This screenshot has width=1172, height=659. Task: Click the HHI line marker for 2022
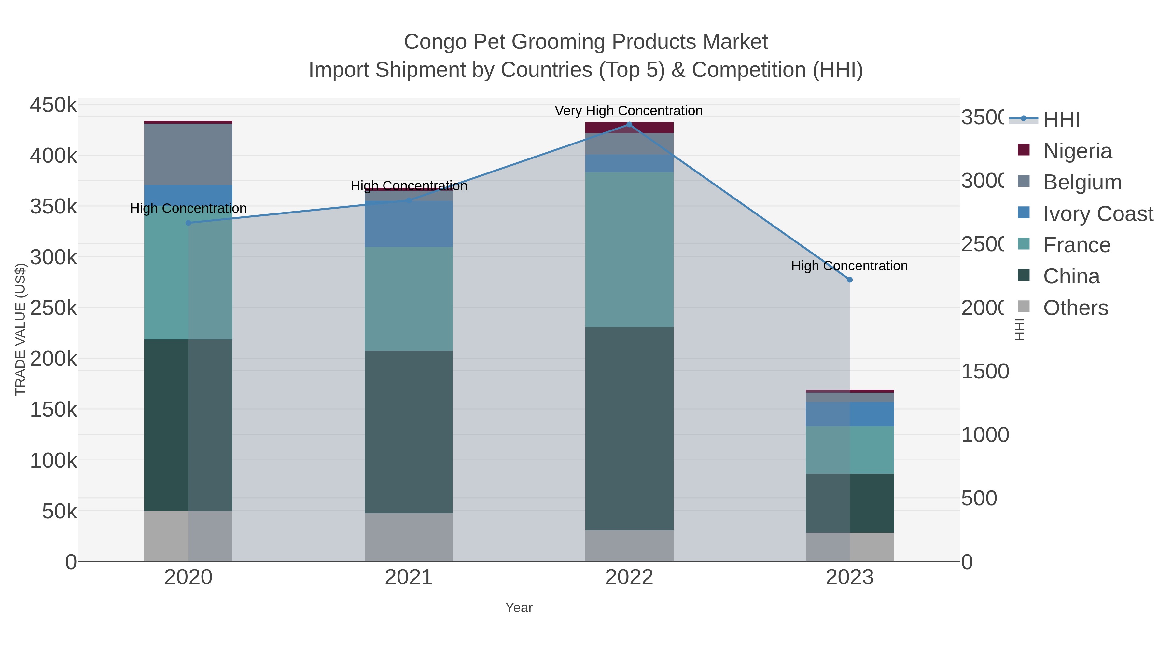pos(629,125)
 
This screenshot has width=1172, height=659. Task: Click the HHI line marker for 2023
pos(849,280)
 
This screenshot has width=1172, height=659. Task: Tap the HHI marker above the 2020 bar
pos(188,223)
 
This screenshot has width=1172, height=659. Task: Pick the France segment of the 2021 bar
pos(409,299)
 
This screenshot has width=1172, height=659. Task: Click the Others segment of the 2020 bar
pos(188,536)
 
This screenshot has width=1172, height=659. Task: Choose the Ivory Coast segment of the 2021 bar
pos(409,224)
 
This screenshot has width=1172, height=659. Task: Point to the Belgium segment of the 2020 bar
pos(188,154)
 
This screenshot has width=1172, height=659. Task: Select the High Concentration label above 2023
pos(849,266)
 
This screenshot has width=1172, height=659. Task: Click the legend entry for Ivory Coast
pos(1098,214)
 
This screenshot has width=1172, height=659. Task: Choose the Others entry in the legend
pos(1075,308)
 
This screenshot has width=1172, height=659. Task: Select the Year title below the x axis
pos(519,608)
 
